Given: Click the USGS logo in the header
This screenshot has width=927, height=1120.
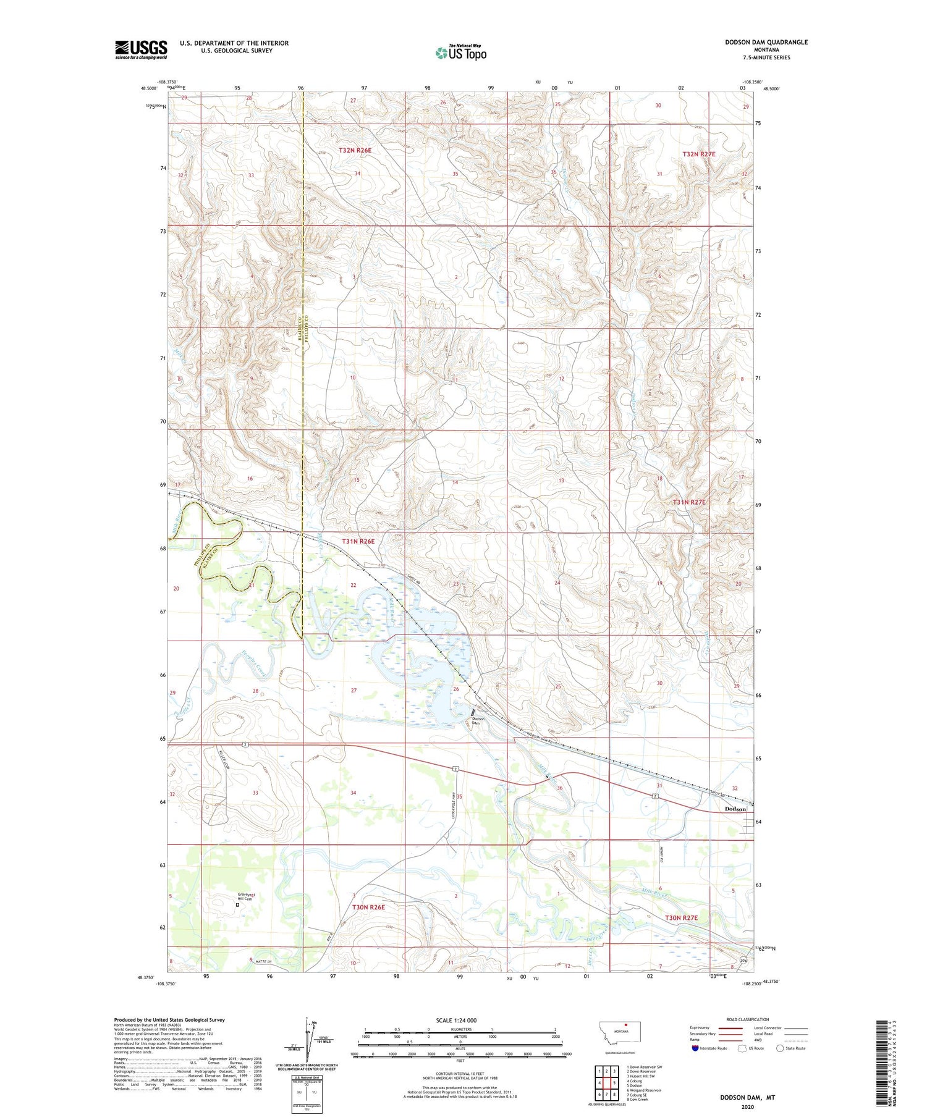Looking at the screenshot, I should pos(141,49).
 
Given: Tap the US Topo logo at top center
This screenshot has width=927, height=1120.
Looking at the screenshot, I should pos(460,53).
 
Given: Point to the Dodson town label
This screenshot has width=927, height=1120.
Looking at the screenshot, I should pos(735,809).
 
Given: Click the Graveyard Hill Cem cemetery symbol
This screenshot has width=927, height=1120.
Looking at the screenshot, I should pos(237,905).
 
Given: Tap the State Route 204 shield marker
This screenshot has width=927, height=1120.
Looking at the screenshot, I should pos(743,961).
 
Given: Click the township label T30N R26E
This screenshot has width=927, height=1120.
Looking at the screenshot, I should pos(368,907).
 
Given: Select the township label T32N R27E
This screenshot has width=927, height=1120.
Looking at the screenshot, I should pos(698,154).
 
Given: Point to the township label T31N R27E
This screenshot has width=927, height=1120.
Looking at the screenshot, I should pos(688,502).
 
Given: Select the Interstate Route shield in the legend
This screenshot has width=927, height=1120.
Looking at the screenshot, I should pos(695,1048).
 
